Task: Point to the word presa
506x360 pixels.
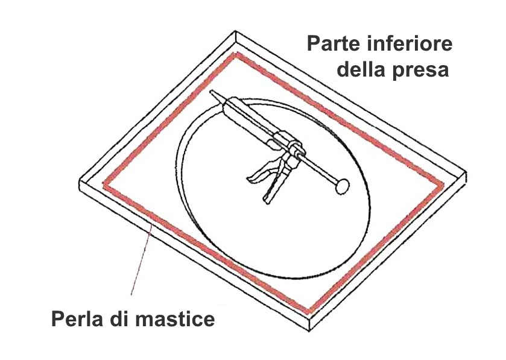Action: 421,71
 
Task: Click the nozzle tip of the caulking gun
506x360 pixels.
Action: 212,92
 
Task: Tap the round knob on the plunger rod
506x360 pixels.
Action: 342,186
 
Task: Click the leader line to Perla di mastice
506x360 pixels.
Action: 141,260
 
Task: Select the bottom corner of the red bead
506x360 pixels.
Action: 308,312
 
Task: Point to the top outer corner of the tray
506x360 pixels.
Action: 235,31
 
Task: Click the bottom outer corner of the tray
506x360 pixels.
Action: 309,331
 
